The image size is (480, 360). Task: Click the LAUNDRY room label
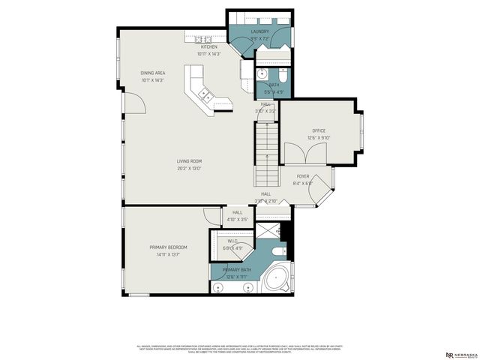(259, 31)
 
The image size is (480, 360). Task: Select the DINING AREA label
(152, 73)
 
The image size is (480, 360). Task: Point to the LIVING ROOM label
(189, 161)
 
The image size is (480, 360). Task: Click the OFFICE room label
(319, 130)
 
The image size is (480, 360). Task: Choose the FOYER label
(302, 176)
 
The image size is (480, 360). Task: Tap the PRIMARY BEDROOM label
(168, 247)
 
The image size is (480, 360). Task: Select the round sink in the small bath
(263, 74)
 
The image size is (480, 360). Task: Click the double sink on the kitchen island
(205, 95)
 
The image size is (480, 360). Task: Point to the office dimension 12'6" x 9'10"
(319, 137)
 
